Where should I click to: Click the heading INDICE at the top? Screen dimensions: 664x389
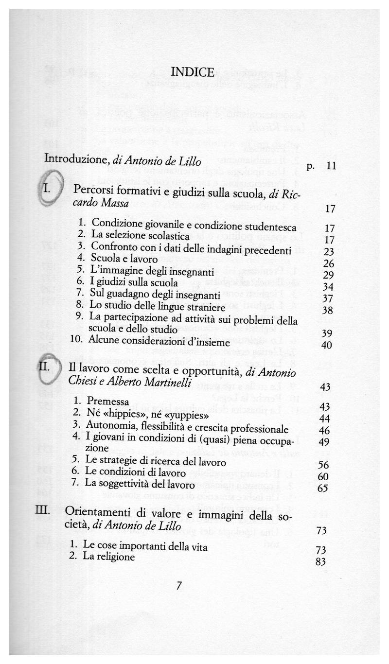[x=193, y=72]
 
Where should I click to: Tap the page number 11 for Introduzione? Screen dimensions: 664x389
[x=331, y=166]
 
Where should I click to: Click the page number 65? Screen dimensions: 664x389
[x=322, y=489]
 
